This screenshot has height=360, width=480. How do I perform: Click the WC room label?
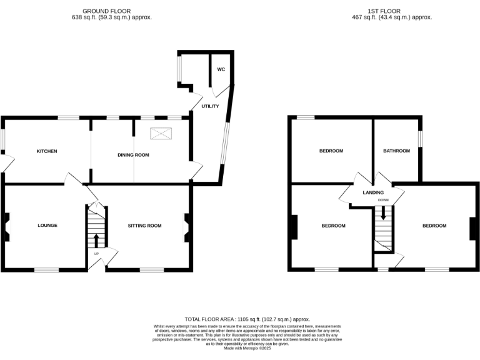tap(221, 69)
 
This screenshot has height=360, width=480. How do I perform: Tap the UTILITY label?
tap(209, 107)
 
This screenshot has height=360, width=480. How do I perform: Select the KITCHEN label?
tap(47, 151)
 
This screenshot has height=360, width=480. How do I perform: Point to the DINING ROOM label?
tap(134, 154)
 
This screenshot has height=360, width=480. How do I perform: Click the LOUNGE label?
tap(47, 225)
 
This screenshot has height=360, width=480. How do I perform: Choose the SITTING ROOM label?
tap(145, 225)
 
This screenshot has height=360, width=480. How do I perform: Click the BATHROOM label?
tap(396, 151)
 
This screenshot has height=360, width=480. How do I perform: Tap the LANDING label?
tap(373, 192)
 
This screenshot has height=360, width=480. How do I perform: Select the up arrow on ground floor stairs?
tap(96, 241)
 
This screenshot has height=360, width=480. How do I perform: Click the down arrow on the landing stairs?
tap(383, 213)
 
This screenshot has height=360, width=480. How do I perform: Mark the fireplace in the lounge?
tap(7, 227)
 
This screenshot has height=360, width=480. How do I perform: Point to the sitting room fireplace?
tap(186, 227)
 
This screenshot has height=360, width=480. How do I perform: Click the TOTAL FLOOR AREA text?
tap(247, 319)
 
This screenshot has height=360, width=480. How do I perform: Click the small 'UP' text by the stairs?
tap(96, 254)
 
